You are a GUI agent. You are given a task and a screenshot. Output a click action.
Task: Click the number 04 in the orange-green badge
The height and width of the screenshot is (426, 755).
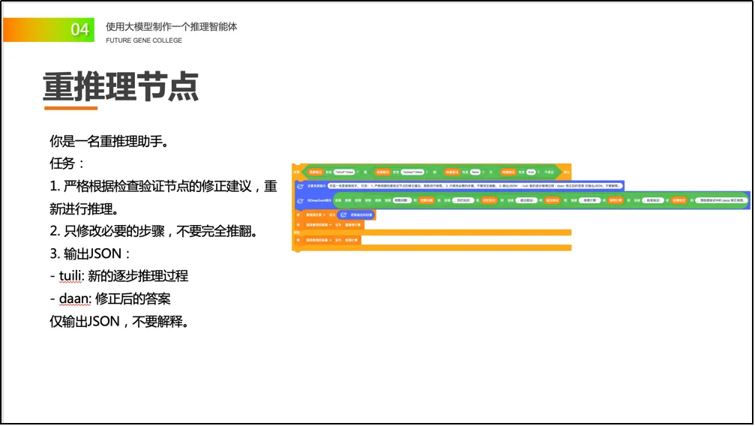click(x=79, y=29)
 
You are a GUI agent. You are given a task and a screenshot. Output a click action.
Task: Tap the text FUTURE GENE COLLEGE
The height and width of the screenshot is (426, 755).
click(x=144, y=40)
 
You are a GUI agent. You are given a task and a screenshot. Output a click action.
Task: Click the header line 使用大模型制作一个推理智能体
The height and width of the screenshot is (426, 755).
click(x=171, y=26)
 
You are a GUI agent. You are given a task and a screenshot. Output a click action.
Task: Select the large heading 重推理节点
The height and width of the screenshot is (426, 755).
click(x=121, y=88)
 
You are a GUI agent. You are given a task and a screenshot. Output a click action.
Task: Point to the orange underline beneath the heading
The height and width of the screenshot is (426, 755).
click(x=70, y=108)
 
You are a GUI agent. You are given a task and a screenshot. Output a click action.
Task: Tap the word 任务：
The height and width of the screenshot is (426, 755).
click(x=67, y=163)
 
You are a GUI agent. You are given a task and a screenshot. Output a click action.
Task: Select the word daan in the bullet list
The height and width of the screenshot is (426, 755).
click(x=74, y=298)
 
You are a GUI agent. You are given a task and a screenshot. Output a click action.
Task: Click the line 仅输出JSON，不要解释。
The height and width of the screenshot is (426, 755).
click(x=118, y=321)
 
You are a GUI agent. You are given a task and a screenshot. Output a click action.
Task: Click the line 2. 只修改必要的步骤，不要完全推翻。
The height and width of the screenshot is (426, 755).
click(x=154, y=231)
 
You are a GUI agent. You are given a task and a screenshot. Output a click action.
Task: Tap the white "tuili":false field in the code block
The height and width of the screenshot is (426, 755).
click(x=344, y=172)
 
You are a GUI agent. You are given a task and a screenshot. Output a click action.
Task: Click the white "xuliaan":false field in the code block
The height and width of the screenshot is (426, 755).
click(x=418, y=172)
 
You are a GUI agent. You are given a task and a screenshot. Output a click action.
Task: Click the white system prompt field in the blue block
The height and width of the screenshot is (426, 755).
click(x=475, y=185)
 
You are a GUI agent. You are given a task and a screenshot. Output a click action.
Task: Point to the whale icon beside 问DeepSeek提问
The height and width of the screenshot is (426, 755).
click(x=300, y=201)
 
